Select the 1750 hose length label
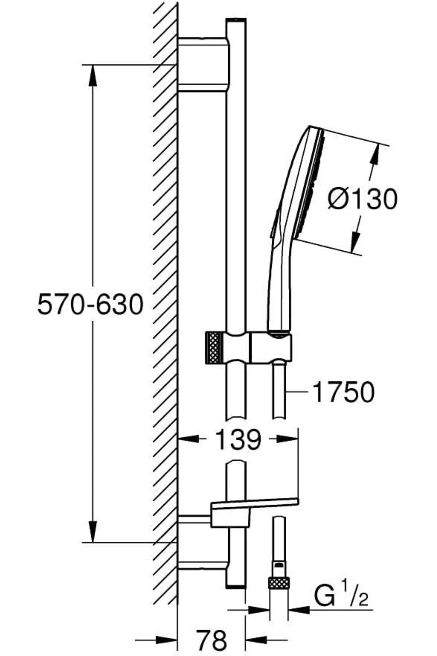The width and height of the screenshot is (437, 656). [343, 392]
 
